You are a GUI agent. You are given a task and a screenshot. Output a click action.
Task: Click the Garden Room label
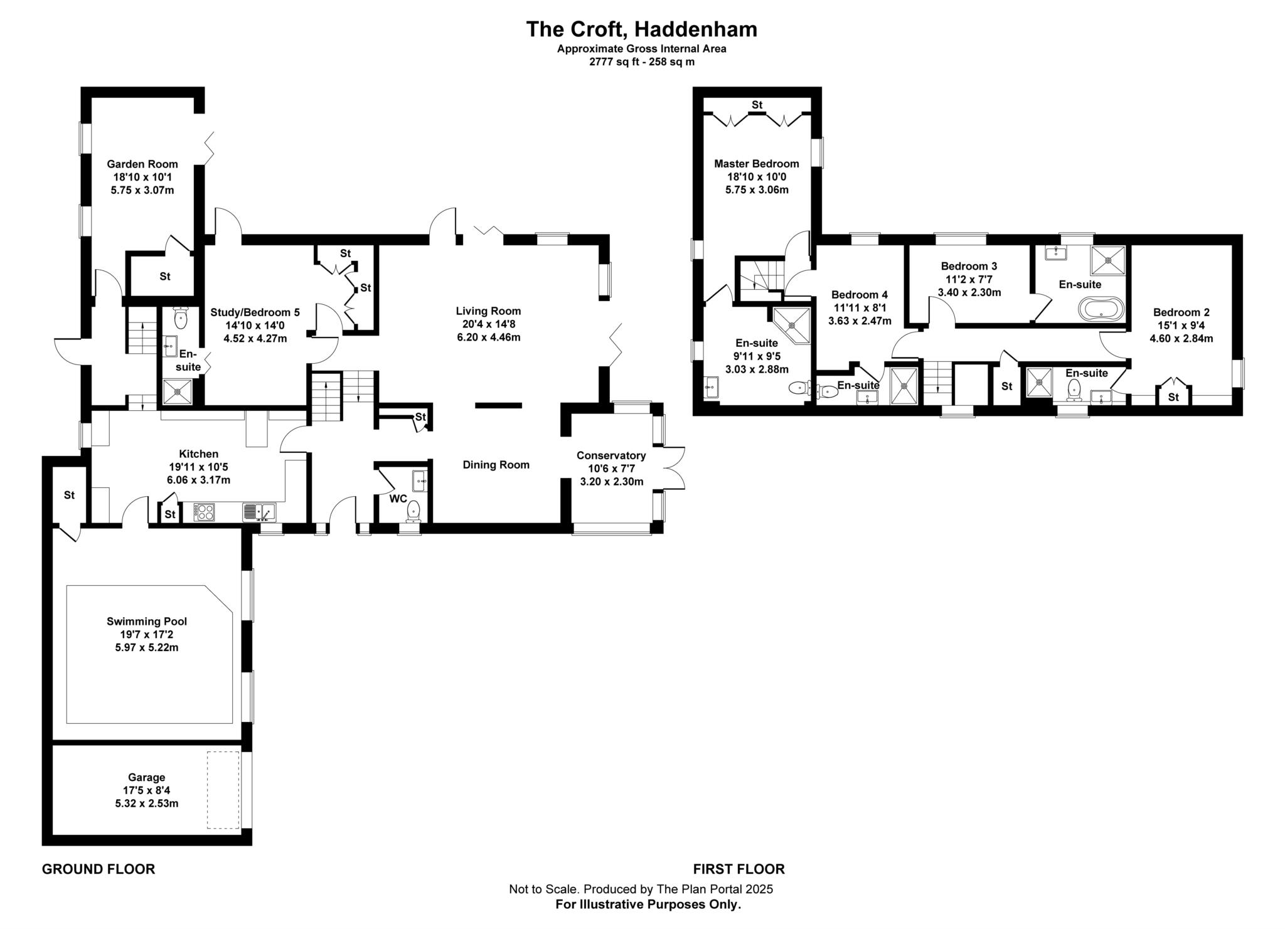click(x=142, y=164)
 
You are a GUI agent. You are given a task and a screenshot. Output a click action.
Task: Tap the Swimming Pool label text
click(x=146, y=622)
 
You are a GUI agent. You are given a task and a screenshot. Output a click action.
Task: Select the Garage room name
click(x=146, y=777)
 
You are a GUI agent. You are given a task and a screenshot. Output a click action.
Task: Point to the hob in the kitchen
click(x=205, y=512)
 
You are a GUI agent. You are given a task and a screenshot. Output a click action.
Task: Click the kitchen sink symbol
click(x=259, y=512)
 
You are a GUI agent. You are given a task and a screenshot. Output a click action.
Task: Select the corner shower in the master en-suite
click(x=792, y=325)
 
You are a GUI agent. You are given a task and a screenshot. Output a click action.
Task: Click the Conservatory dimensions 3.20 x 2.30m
click(x=611, y=482)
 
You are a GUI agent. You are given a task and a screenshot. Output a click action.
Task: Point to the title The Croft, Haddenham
click(x=641, y=29)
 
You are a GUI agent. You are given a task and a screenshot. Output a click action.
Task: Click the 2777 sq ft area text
click(x=641, y=62)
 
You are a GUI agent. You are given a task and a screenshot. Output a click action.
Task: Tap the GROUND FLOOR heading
click(x=98, y=869)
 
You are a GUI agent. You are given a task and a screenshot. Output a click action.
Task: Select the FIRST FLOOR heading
click(x=738, y=869)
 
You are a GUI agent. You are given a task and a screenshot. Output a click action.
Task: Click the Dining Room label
click(x=496, y=465)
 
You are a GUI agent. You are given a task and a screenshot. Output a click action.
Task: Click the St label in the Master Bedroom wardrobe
click(x=757, y=105)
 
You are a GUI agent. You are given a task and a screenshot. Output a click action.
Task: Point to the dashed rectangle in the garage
click(x=223, y=790)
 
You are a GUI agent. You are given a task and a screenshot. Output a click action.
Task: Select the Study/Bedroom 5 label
click(x=255, y=312)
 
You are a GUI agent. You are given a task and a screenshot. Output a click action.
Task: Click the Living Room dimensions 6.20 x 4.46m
click(x=488, y=337)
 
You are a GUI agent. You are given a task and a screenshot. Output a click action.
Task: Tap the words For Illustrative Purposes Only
click(x=648, y=905)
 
